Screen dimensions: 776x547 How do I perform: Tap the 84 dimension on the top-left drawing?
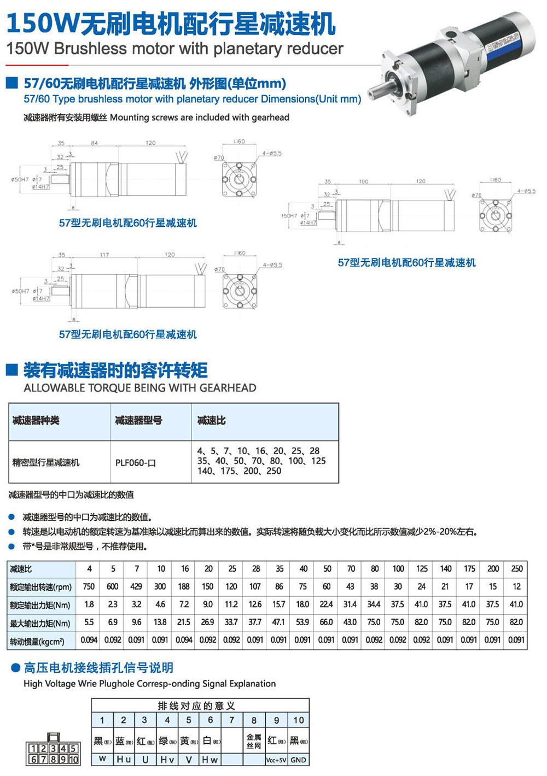pyautogui.click(x=95, y=143)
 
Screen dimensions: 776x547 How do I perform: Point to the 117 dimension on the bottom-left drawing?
pyautogui.click(x=104, y=255)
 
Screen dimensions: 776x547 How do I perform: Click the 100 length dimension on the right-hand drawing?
pyautogui.click(x=363, y=181)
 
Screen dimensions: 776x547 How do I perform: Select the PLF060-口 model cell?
pyautogui.click(x=136, y=463)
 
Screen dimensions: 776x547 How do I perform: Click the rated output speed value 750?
pyautogui.click(x=89, y=586)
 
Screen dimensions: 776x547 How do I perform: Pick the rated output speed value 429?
pyautogui.click(x=137, y=586)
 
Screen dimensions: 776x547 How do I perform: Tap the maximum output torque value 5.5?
pyautogui.click(x=89, y=622)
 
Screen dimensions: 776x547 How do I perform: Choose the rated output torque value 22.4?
pyautogui.click(x=327, y=604)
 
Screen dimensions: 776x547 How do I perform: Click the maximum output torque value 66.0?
pyautogui.click(x=327, y=622)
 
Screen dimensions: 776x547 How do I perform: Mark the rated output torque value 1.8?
pyautogui.click(x=89, y=604)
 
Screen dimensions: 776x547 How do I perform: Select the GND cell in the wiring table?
pyautogui.click(x=298, y=760)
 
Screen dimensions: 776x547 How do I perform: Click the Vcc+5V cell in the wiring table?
pyautogui.click(x=276, y=760)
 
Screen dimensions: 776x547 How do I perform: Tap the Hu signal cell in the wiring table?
pyautogui.click(x=124, y=760)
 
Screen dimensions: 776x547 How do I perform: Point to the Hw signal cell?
pyautogui.click(x=210, y=760)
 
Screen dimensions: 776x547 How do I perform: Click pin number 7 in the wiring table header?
pyautogui.click(x=232, y=720)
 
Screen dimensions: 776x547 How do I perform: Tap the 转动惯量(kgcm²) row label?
pyautogui.click(x=37, y=640)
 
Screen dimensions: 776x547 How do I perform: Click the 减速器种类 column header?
pyautogui.click(x=36, y=421)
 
